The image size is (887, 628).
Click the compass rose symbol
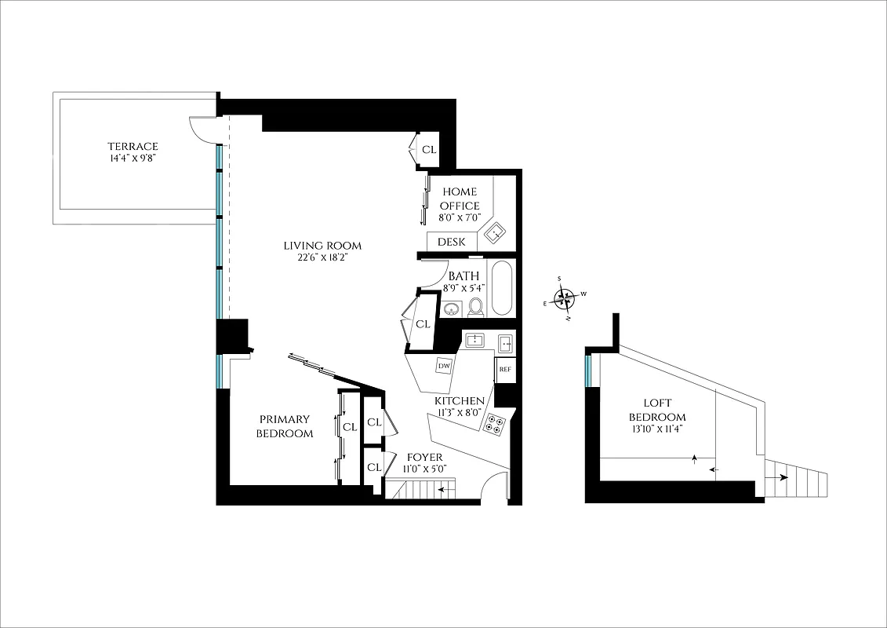click(565, 298)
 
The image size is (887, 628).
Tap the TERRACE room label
click(133, 146)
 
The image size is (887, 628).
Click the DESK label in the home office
click(452, 242)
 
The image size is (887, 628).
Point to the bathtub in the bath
click(501, 288)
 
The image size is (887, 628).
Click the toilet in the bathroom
click(475, 307)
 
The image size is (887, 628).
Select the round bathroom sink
click(451, 309)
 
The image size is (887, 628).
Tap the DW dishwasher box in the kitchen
click(444, 366)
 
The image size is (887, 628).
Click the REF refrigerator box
click(504, 369)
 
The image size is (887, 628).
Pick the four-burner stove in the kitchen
click(494, 424)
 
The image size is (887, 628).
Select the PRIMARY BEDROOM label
click(285, 426)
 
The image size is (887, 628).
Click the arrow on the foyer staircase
click(447, 490)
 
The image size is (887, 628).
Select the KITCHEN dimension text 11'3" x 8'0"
click(460, 414)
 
